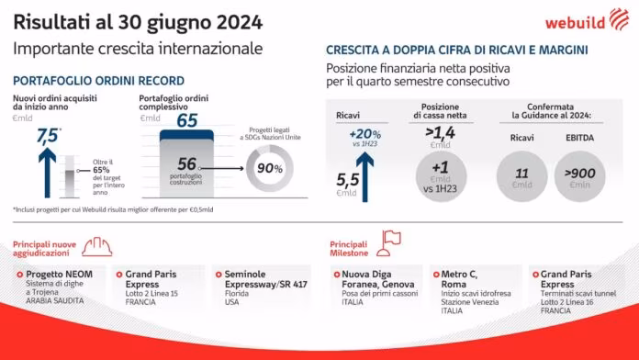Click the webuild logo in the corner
pyautogui.click(x=589, y=22)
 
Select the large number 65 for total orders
pyautogui.click(x=187, y=119)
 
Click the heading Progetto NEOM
pyautogui.click(x=57, y=274)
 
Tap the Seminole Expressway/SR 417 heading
pyautogui.click(x=259, y=279)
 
